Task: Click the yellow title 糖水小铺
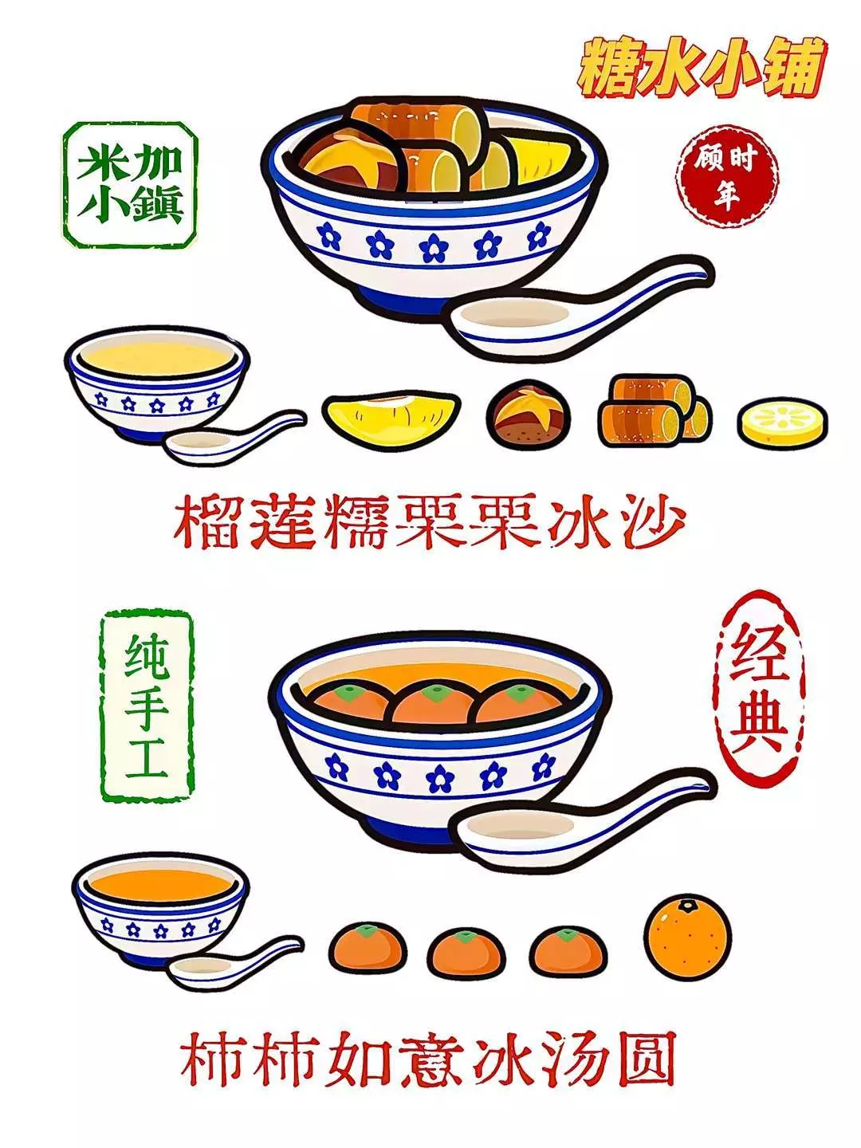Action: point(701,70)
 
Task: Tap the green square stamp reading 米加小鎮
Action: point(131,185)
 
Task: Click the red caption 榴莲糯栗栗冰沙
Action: point(429,522)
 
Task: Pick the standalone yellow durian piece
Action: point(391,416)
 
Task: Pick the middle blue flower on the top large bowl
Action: point(434,246)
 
